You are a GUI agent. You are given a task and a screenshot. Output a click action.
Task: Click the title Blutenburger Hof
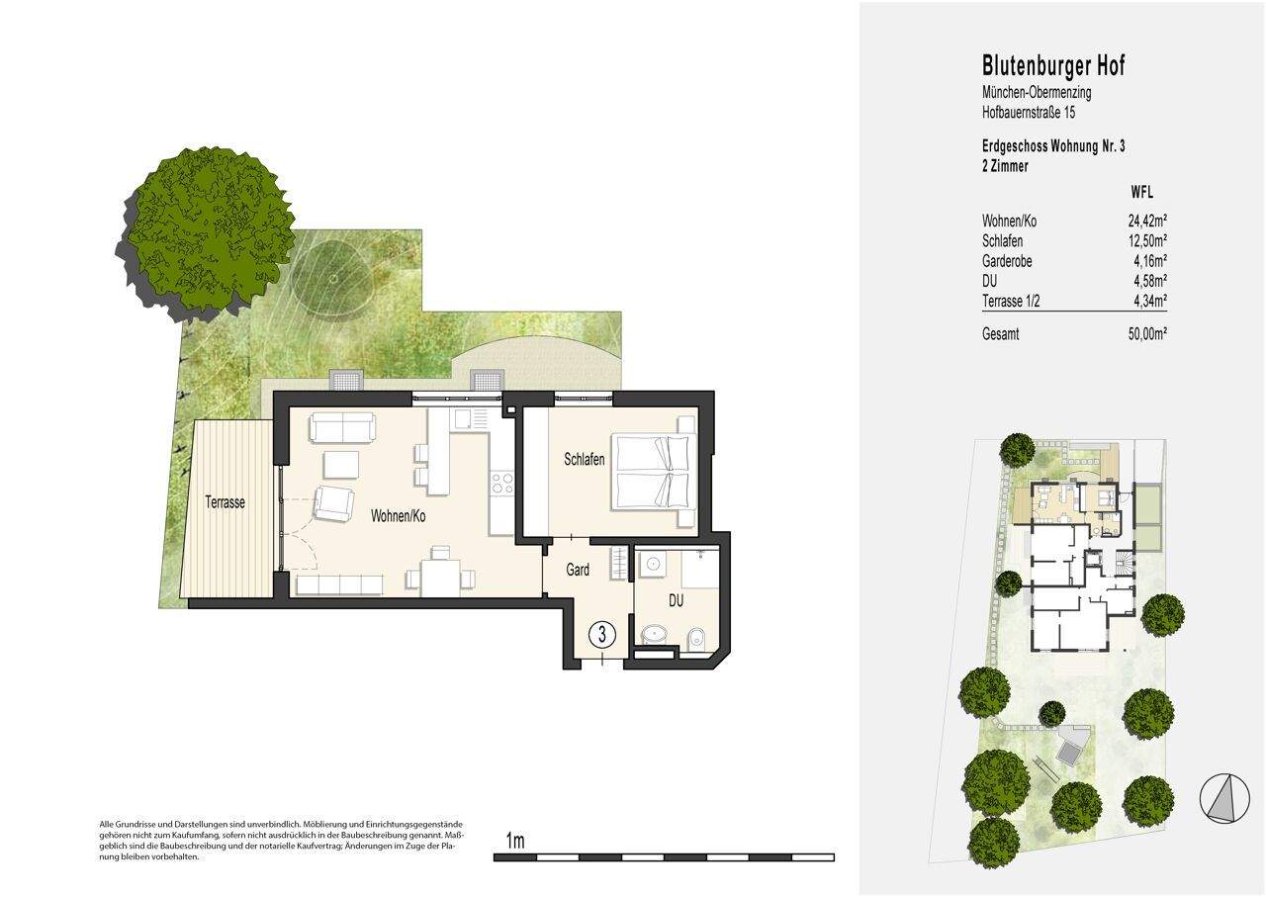pyautogui.click(x=1053, y=66)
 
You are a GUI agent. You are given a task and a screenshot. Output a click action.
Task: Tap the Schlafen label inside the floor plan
pyautogui.click(x=584, y=460)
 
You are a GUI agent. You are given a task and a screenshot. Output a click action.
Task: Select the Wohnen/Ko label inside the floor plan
pyautogui.click(x=399, y=516)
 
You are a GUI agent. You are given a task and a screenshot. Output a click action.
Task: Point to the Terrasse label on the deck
pyautogui.click(x=225, y=502)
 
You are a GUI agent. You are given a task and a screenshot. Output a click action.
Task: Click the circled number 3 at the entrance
pyautogui.click(x=601, y=633)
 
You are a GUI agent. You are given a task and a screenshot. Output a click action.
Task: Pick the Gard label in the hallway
pyautogui.click(x=578, y=571)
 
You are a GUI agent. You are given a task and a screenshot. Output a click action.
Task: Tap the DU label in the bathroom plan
pyautogui.click(x=677, y=600)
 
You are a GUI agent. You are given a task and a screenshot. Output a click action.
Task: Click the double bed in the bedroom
pyautogui.click(x=654, y=472)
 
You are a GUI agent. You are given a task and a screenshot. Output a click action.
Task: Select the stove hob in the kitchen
pyautogui.click(x=501, y=484)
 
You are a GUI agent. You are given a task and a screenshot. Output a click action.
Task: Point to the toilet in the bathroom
pyautogui.click(x=695, y=634)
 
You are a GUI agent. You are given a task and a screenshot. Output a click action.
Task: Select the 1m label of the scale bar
pyautogui.click(x=514, y=842)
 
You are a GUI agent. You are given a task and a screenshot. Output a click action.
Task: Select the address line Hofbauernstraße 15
pyautogui.click(x=1030, y=113)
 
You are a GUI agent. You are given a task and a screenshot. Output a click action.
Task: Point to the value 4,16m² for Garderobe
pyautogui.click(x=1147, y=260)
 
